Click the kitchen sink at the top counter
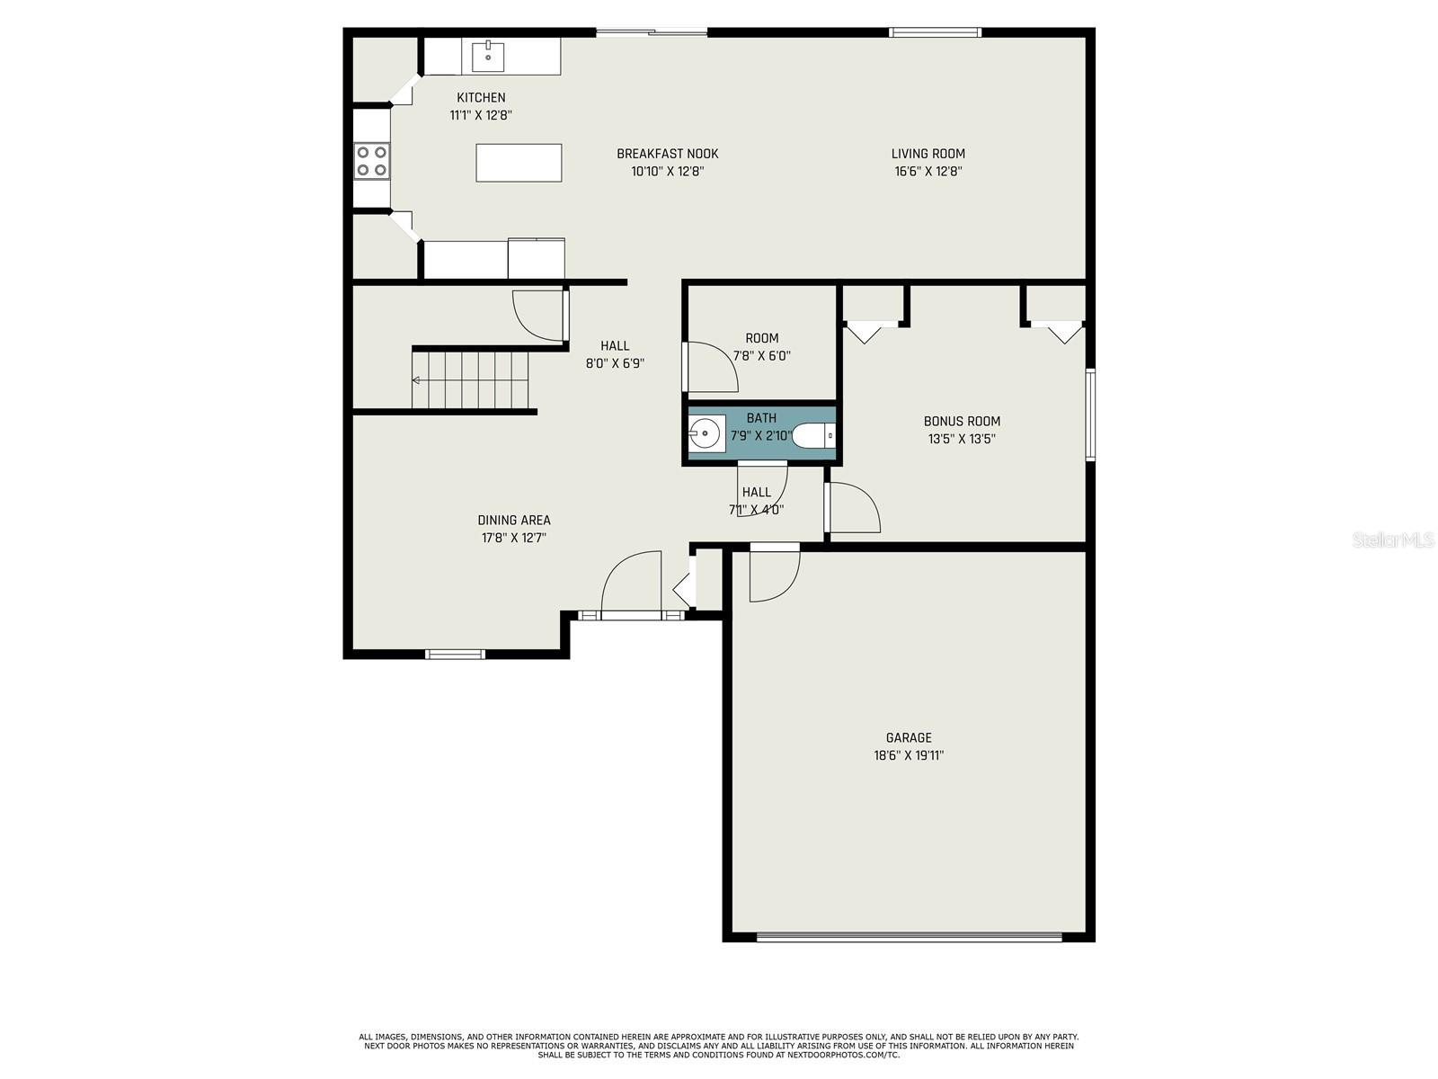tap(488, 57)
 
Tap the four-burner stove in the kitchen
tap(371, 161)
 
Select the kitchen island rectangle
tap(519, 163)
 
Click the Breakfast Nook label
tap(667, 154)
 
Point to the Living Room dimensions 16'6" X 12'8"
tap(928, 171)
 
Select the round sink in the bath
tap(706, 434)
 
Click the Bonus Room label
tap(962, 421)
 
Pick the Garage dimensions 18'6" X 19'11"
tap(909, 755)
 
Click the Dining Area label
tap(514, 520)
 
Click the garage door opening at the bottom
tap(909, 937)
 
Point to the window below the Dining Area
tap(455, 654)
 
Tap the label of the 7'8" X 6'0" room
tap(761, 338)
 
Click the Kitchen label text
tap(481, 97)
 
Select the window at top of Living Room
tap(935, 33)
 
